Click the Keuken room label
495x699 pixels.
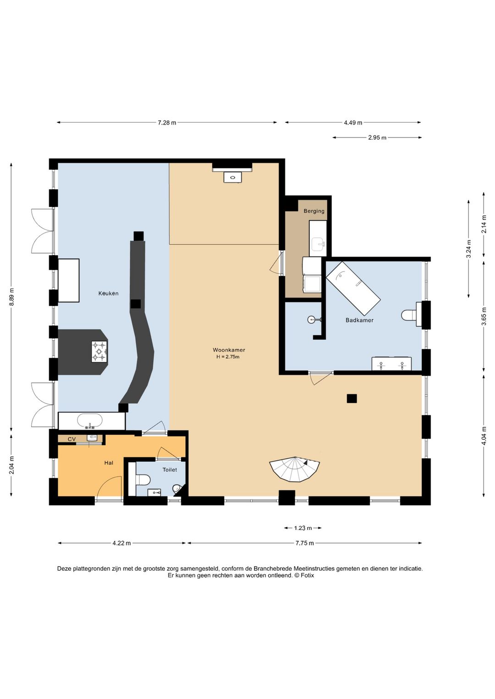(x=108, y=293)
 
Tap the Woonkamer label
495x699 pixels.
(x=229, y=350)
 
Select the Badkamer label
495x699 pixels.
(x=359, y=320)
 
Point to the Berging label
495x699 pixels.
(x=314, y=211)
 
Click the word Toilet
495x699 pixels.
(x=170, y=470)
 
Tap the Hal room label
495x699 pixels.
(x=109, y=463)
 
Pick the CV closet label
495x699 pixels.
(x=72, y=439)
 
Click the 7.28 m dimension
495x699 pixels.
(x=167, y=123)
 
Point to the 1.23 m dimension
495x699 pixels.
(x=303, y=528)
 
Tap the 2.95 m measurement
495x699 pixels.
(x=377, y=137)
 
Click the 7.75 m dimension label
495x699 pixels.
(x=304, y=543)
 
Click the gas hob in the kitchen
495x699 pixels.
(x=99, y=352)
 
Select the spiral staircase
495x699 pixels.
(x=295, y=470)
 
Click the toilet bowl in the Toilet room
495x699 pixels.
(x=143, y=479)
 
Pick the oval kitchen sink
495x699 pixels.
(x=90, y=420)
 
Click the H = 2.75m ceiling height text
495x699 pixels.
(x=228, y=357)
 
